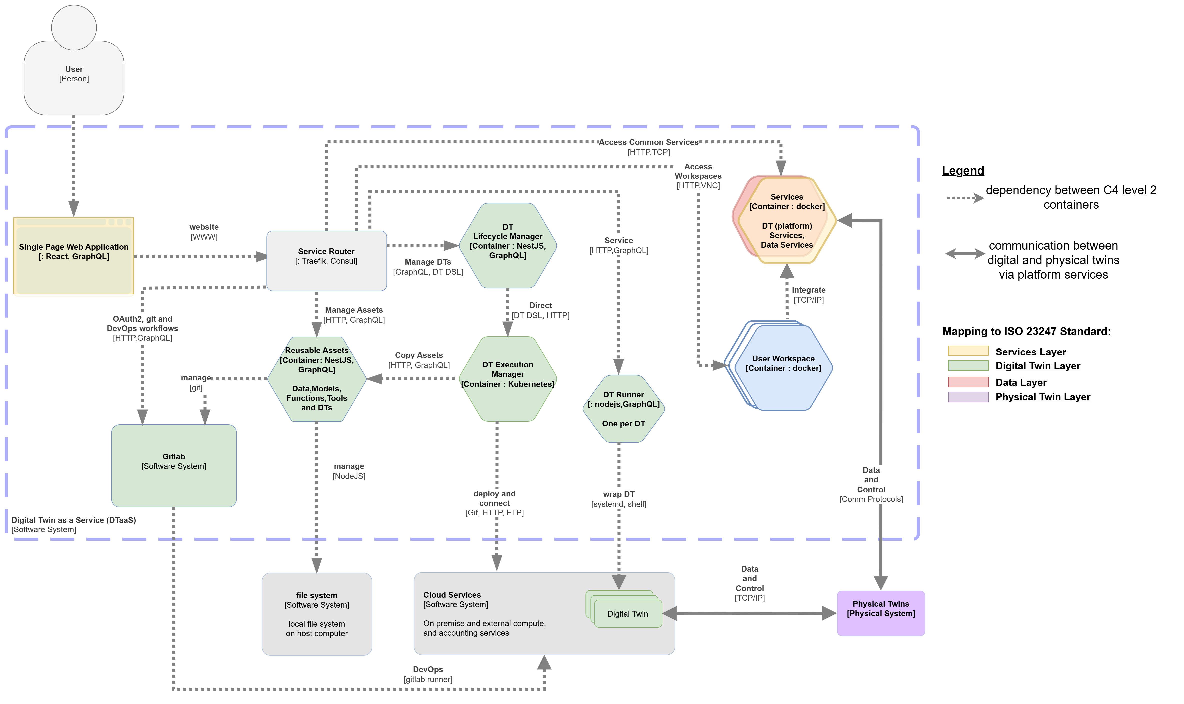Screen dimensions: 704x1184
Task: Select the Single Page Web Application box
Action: point(73,256)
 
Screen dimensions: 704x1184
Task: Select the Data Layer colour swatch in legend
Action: point(968,382)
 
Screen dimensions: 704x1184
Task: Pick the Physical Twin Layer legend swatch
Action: point(968,397)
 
